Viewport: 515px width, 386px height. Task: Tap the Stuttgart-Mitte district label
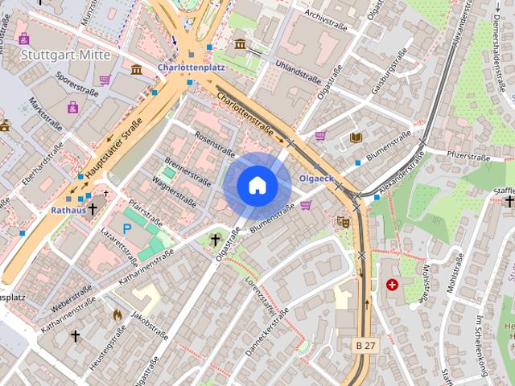click(x=55, y=55)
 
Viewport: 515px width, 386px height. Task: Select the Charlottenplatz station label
click(x=191, y=68)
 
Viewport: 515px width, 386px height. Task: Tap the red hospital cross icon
click(x=392, y=285)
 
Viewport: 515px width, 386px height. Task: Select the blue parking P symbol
click(x=126, y=229)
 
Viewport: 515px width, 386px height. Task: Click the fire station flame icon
click(x=117, y=314)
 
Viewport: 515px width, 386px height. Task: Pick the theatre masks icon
click(x=344, y=220)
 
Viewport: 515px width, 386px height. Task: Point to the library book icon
click(x=356, y=138)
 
